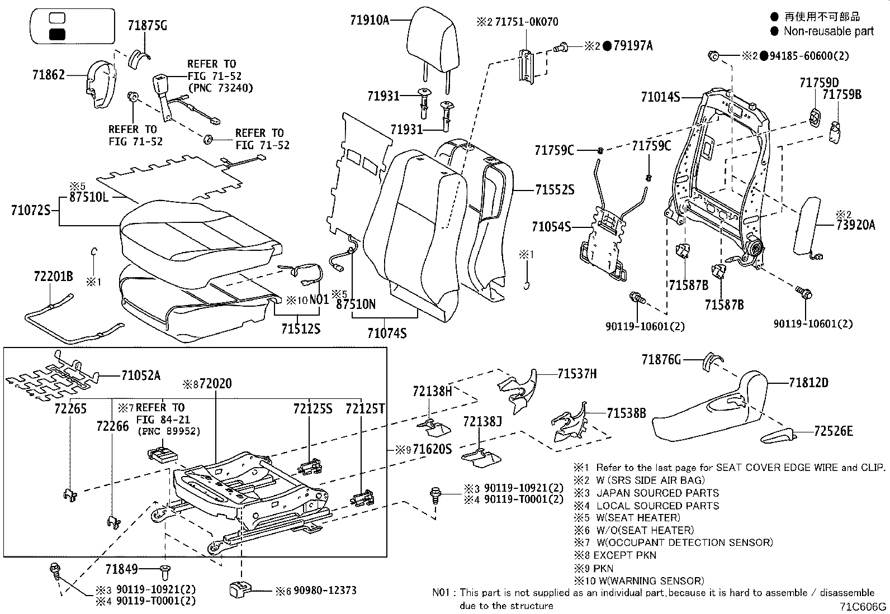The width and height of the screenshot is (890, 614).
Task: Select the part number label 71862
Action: point(49,75)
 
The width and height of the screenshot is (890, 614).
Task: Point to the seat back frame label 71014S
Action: point(660,98)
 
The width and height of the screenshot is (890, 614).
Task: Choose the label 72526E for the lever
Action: point(834,431)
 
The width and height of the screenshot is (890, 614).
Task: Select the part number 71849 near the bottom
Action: point(121,569)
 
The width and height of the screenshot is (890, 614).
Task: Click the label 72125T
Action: point(365,409)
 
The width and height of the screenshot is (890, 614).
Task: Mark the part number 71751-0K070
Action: point(526,22)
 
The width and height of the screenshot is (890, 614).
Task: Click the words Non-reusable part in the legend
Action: point(828,31)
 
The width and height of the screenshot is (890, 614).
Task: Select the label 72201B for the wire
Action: point(53,277)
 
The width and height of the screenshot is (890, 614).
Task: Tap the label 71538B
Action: point(626,413)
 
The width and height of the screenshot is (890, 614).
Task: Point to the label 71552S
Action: point(554,191)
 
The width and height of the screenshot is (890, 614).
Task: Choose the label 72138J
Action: point(482,421)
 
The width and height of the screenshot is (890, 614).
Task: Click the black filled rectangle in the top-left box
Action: point(58,34)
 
